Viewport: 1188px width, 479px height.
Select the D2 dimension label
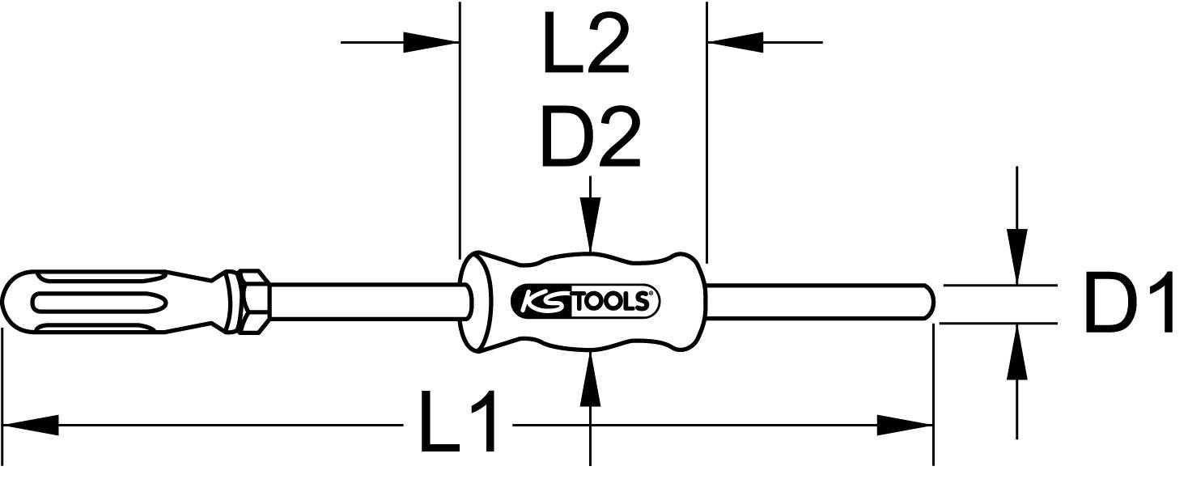pyautogui.click(x=590, y=139)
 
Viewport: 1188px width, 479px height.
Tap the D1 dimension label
pyautogui.click(x=1128, y=305)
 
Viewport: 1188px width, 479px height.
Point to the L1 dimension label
pyautogui.click(x=457, y=422)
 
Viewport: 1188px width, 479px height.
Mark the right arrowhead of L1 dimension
pyautogui.click(x=905, y=423)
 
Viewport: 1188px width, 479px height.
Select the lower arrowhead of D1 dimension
pyautogui.click(x=1016, y=351)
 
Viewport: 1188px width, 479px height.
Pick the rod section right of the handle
pyautogui.click(x=817, y=301)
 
